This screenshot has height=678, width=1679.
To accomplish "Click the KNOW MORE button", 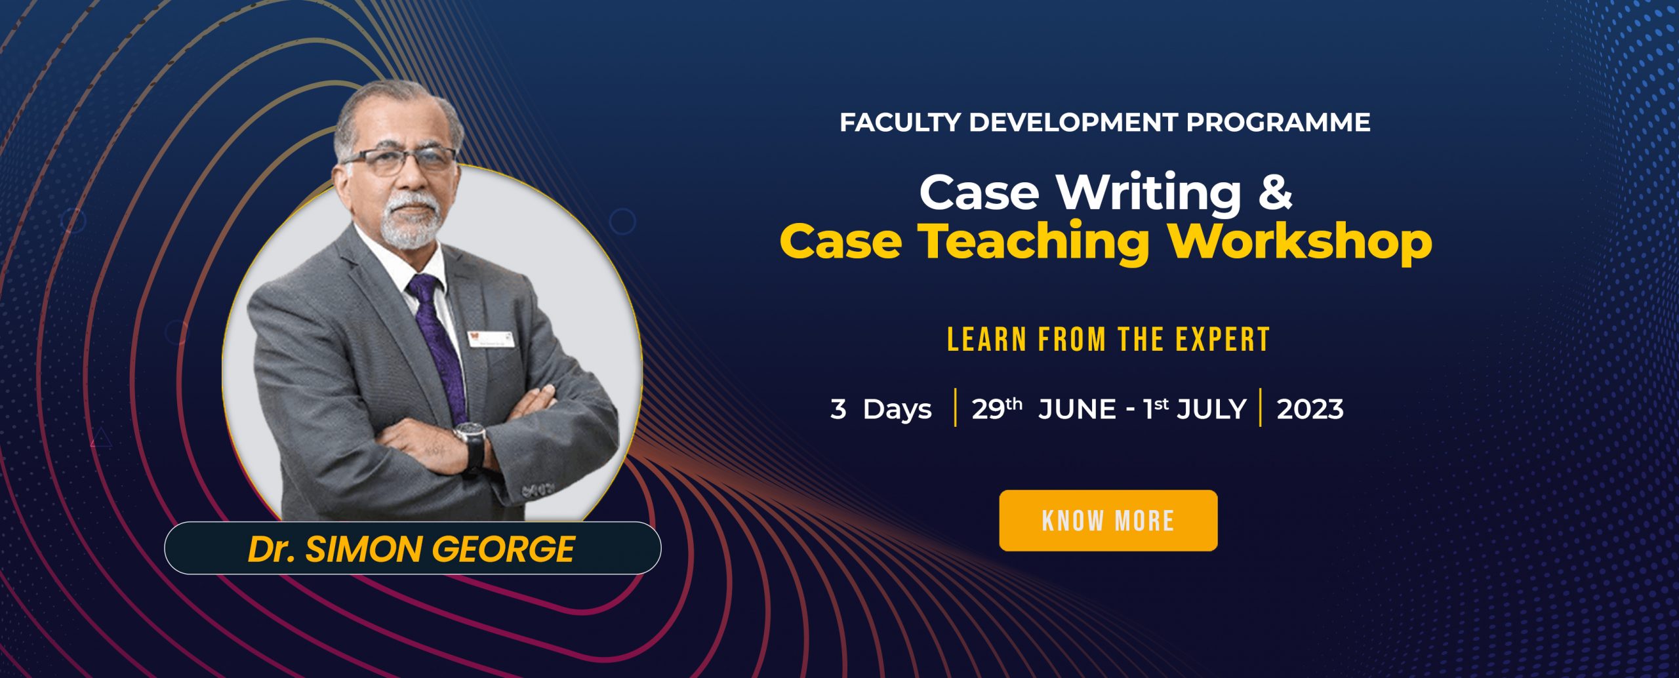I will (x=1108, y=521).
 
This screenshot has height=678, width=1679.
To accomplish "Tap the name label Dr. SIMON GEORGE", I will (x=411, y=549).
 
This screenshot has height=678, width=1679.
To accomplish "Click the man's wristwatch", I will (x=471, y=437).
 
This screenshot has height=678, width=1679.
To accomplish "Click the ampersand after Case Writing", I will (x=1274, y=193).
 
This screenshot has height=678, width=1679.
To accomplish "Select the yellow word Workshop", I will (x=1300, y=243).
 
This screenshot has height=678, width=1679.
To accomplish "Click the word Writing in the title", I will (x=1148, y=193).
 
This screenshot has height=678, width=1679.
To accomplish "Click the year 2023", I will (x=1310, y=410).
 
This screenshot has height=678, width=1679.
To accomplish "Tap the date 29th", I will (x=996, y=409).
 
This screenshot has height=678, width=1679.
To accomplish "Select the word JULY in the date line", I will (x=1211, y=410).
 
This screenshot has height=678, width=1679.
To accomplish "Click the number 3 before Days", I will (x=838, y=409).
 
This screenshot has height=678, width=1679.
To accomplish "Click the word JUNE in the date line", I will (x=1077, y=410).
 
